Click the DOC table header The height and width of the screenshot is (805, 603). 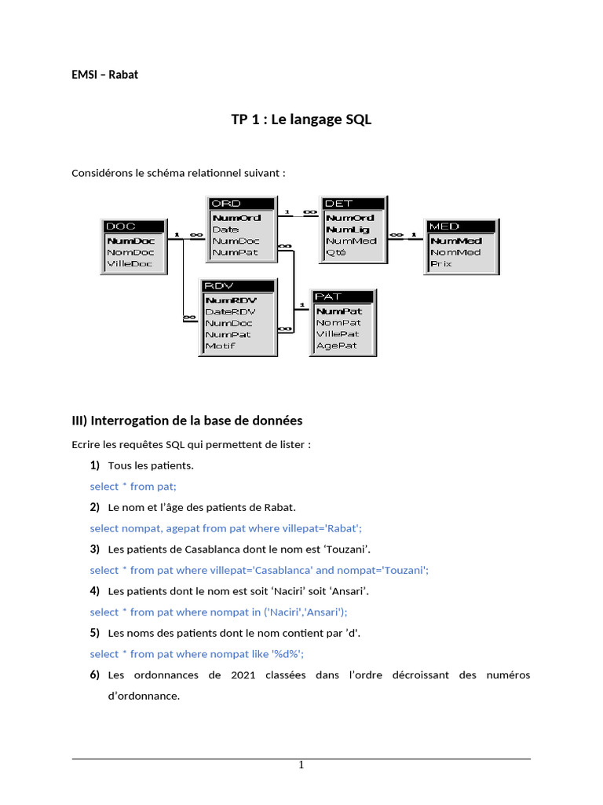pyautogui.click(x=133, y=226)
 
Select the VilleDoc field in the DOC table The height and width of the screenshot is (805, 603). pyautogui.click(x=130, y=264)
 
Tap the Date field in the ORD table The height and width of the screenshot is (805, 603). pyautogui.click(x=225, y=230)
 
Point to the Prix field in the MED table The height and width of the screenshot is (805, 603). pyautogui.click(x=441, y=264)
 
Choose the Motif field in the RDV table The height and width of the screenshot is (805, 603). pyautogui.click(x=220, y=346)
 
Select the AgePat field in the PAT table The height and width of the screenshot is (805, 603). pyautogui.click(x=336, y=346)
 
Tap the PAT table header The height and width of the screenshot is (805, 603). pyautogui.click(x=344, y=296)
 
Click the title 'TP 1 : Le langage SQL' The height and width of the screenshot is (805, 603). pyautogui.click(x=301, y=119)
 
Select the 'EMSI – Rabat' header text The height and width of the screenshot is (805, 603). pyautogui.click(x=105, y=75)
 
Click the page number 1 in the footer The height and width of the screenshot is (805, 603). pyautogui.click(x=301, y=765)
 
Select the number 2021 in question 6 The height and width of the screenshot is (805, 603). pyautogui.click(x=245, y=675)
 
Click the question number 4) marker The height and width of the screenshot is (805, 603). pyautogui.click(x=94, y=591)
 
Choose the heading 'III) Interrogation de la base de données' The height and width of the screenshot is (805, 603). pyautogui.click(x=187, y=421)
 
